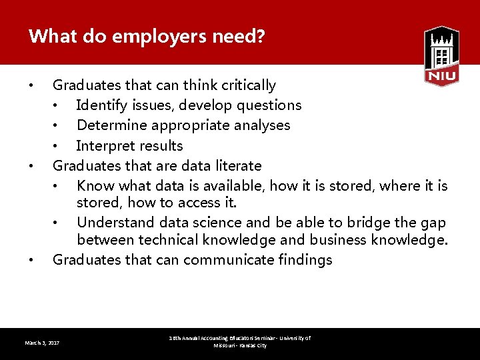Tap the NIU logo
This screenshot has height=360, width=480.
(441, 56)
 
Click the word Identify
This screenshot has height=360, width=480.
(100, 105)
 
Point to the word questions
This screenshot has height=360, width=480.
(270, 105)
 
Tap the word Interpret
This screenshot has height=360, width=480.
(102, 146)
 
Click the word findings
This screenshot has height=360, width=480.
(305, 260)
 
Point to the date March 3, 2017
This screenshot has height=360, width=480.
(42, 343)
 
